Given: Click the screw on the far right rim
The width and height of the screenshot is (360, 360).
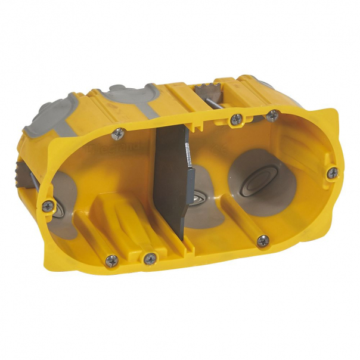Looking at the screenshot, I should pyautogui.click(x=333, y=173).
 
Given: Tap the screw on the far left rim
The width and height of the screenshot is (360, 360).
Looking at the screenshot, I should pyautogui.click(x=48, y=206).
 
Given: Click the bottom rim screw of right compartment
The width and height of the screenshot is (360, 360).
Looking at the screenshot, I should pyautogui.click(x=262, y=240).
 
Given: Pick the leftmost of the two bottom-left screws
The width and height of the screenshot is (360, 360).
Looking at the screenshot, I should pyautogui.click(x=111, y=260).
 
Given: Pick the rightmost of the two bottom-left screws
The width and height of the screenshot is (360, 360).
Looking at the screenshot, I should pyautogui.click(x=150, y=258).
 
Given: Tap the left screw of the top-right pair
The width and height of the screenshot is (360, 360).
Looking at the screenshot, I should pyautogui.click(x=237, y=119).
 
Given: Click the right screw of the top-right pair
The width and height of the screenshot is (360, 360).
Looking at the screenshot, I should pyautogui.click(x=272, y=115).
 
